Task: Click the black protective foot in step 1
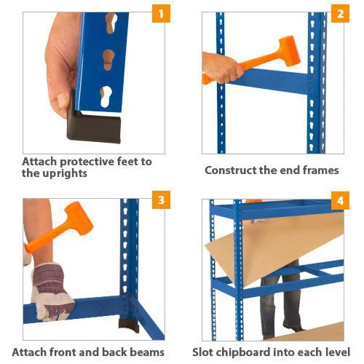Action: point(93,125)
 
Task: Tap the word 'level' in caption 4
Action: point(337,352)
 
